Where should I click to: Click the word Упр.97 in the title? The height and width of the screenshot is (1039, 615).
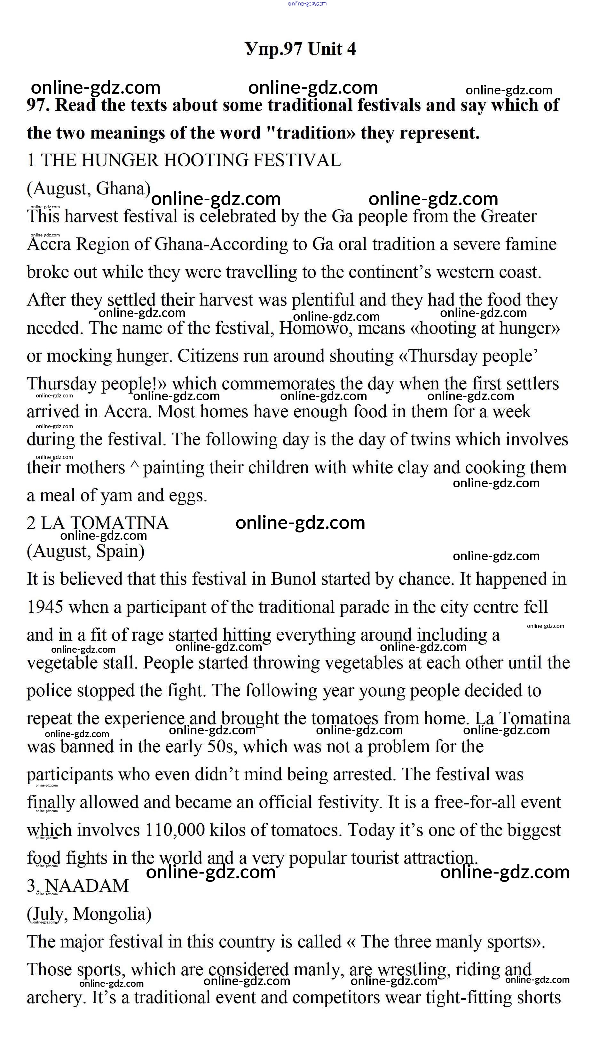[x=273, y=49]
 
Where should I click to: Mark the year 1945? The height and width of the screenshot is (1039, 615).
[x=45, y=607]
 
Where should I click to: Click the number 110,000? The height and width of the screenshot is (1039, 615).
[x=175, y=830]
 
